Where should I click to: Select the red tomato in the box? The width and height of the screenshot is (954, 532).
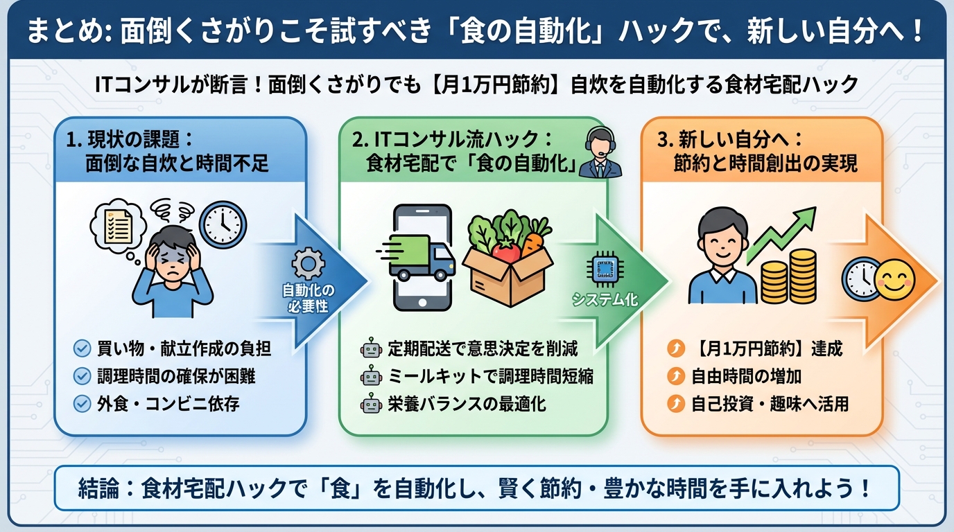506,250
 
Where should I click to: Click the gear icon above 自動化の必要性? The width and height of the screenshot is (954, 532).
307,265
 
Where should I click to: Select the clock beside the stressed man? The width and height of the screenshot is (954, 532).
223,224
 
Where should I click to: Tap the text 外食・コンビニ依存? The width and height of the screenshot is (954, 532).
168,404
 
